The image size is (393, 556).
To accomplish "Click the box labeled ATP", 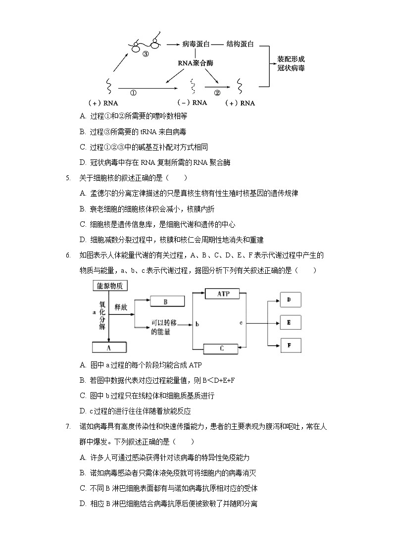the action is click(222, 294).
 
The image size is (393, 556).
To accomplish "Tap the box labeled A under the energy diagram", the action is click(108, 348).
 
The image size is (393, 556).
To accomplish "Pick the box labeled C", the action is click(221, 349).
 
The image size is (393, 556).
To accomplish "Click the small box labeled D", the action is click(291, 300).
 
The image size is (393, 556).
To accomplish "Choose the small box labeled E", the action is click(291, 322).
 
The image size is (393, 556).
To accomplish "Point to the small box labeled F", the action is click(291, 345).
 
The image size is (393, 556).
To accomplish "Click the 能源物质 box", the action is click(108, 286).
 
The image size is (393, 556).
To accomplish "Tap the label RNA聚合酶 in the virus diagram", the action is click(195, 63).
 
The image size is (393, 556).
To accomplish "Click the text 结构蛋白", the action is click(240, 44).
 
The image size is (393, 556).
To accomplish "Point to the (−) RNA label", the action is click(192, 103).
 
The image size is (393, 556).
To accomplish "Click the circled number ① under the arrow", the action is click(133, 93).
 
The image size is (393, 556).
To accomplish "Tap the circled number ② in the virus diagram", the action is click(217, 93).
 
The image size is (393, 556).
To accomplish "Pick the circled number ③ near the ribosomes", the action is click(146, 54).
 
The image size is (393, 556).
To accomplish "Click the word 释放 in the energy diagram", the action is click(121, 307).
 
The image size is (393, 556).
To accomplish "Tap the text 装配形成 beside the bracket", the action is click(291, 58).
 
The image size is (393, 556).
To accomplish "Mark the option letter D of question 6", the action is click(83, 410).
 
